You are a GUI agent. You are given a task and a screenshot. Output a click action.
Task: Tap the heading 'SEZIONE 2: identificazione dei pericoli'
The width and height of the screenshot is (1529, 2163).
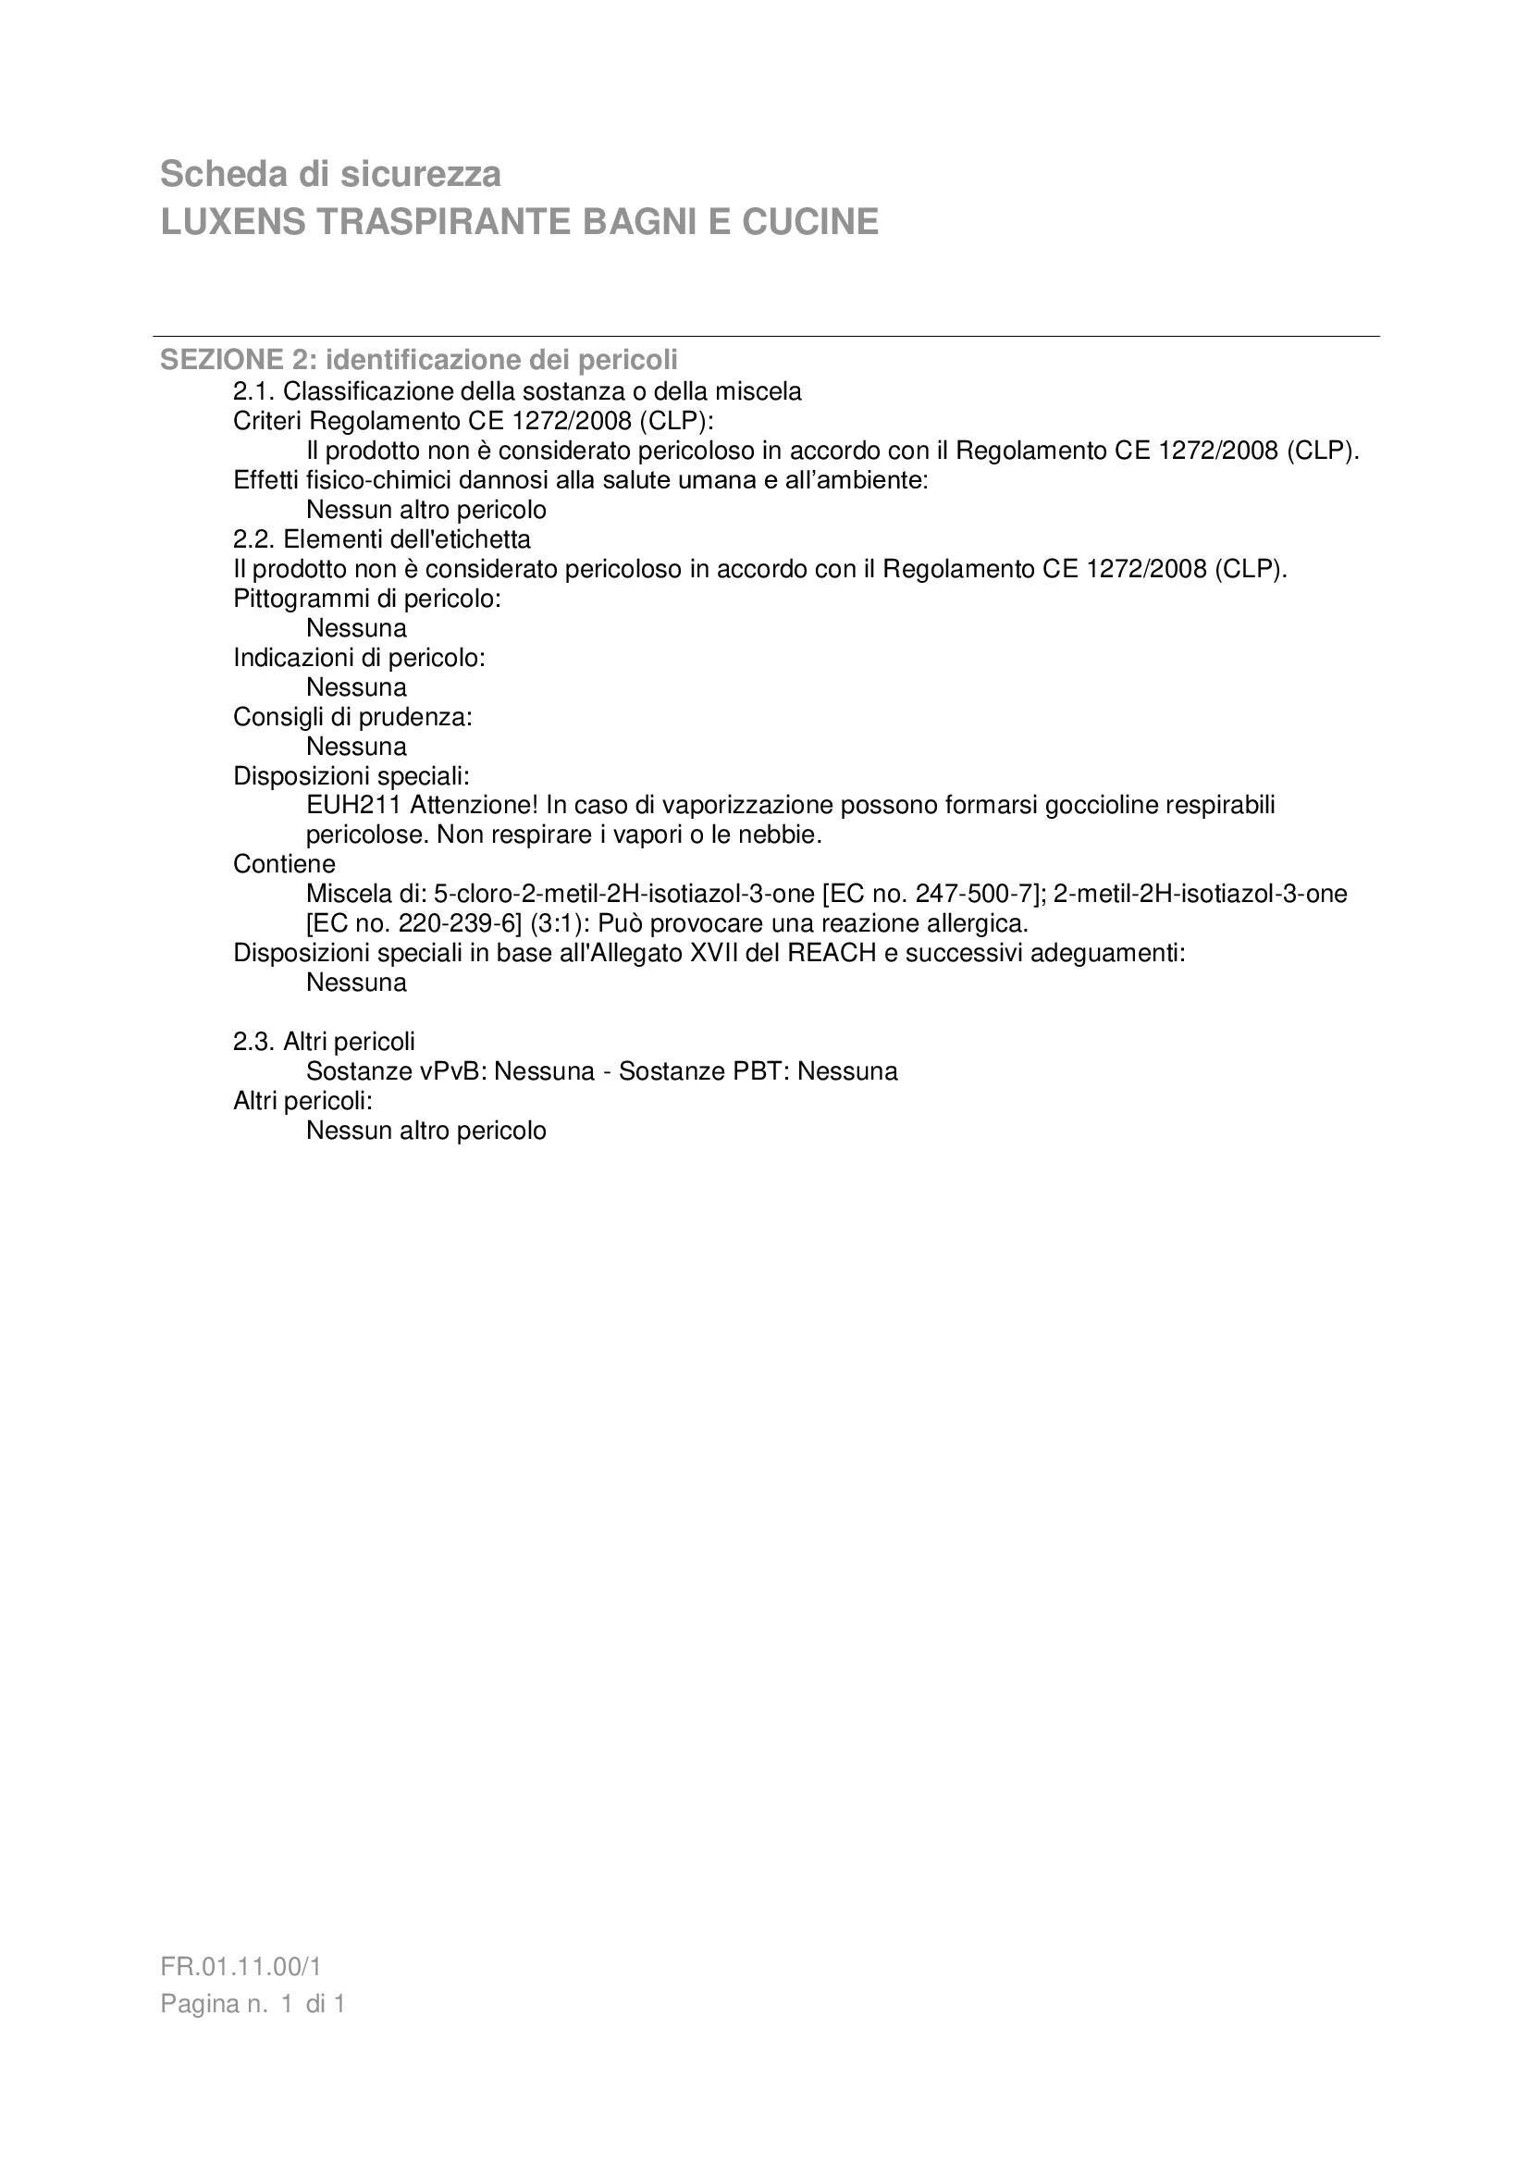[x=418, y=360]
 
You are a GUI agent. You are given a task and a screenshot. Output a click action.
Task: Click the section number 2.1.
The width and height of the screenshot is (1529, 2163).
[x=253, y=391]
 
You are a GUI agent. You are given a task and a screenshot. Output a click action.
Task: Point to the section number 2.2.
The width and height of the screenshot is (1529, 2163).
[x=253, y=539]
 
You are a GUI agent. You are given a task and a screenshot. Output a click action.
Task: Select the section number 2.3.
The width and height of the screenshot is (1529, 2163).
[x=253, y=1041]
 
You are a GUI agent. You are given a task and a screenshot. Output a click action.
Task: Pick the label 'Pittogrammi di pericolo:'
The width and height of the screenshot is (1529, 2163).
[x=366, y=599]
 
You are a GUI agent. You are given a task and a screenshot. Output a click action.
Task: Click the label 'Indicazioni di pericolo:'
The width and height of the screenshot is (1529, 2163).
[x=359, y=658]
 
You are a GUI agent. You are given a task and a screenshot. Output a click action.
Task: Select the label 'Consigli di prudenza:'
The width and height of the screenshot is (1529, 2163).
[x=352, y=717]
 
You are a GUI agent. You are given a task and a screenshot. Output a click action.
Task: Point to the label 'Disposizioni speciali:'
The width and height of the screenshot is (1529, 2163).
[x=351, y=776]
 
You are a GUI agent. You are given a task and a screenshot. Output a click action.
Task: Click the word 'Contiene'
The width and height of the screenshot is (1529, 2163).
[x=284, y=864]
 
